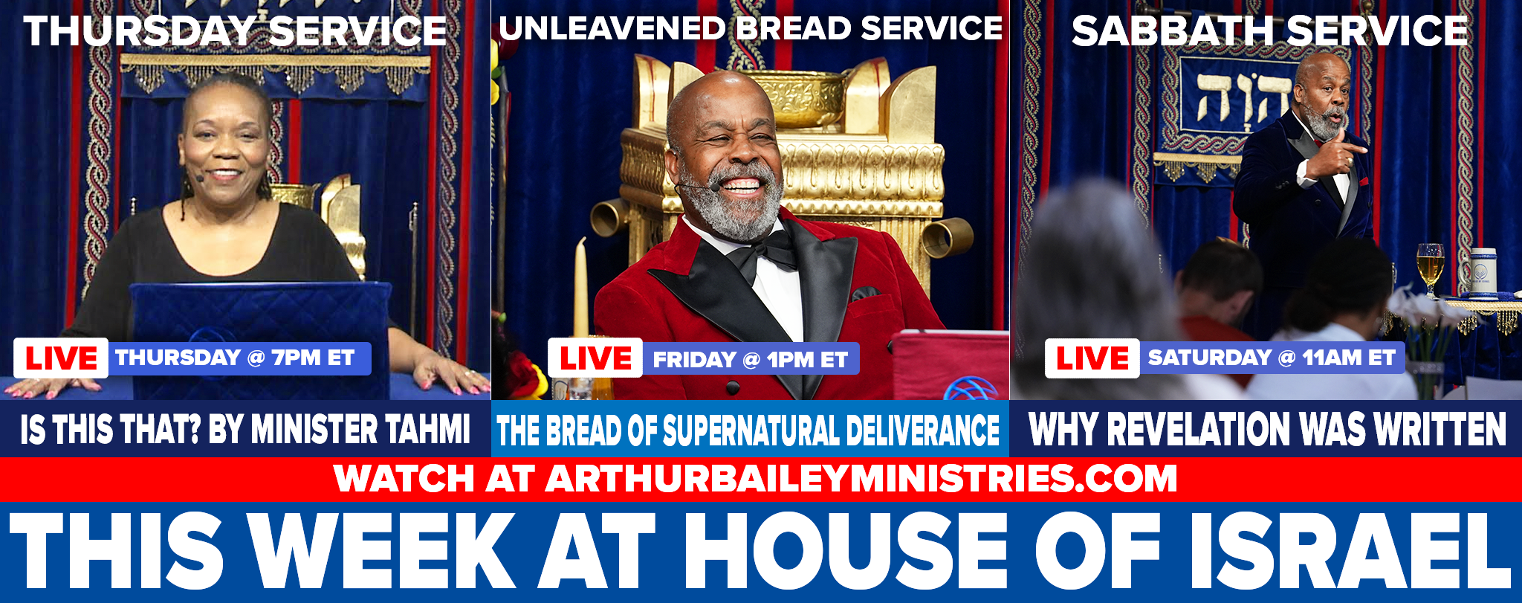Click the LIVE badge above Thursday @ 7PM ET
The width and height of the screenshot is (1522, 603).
point(61,358)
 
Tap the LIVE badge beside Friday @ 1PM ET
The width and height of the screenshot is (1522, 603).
point(595,358)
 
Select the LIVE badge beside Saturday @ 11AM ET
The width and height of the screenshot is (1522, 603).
point(1092,358)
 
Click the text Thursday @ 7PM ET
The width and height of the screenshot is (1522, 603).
point(235,358)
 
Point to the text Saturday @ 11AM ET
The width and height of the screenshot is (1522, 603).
point(1272,358)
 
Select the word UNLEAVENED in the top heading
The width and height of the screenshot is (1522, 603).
point(612,28)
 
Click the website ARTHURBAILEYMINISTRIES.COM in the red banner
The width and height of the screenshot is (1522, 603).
point(861,478)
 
